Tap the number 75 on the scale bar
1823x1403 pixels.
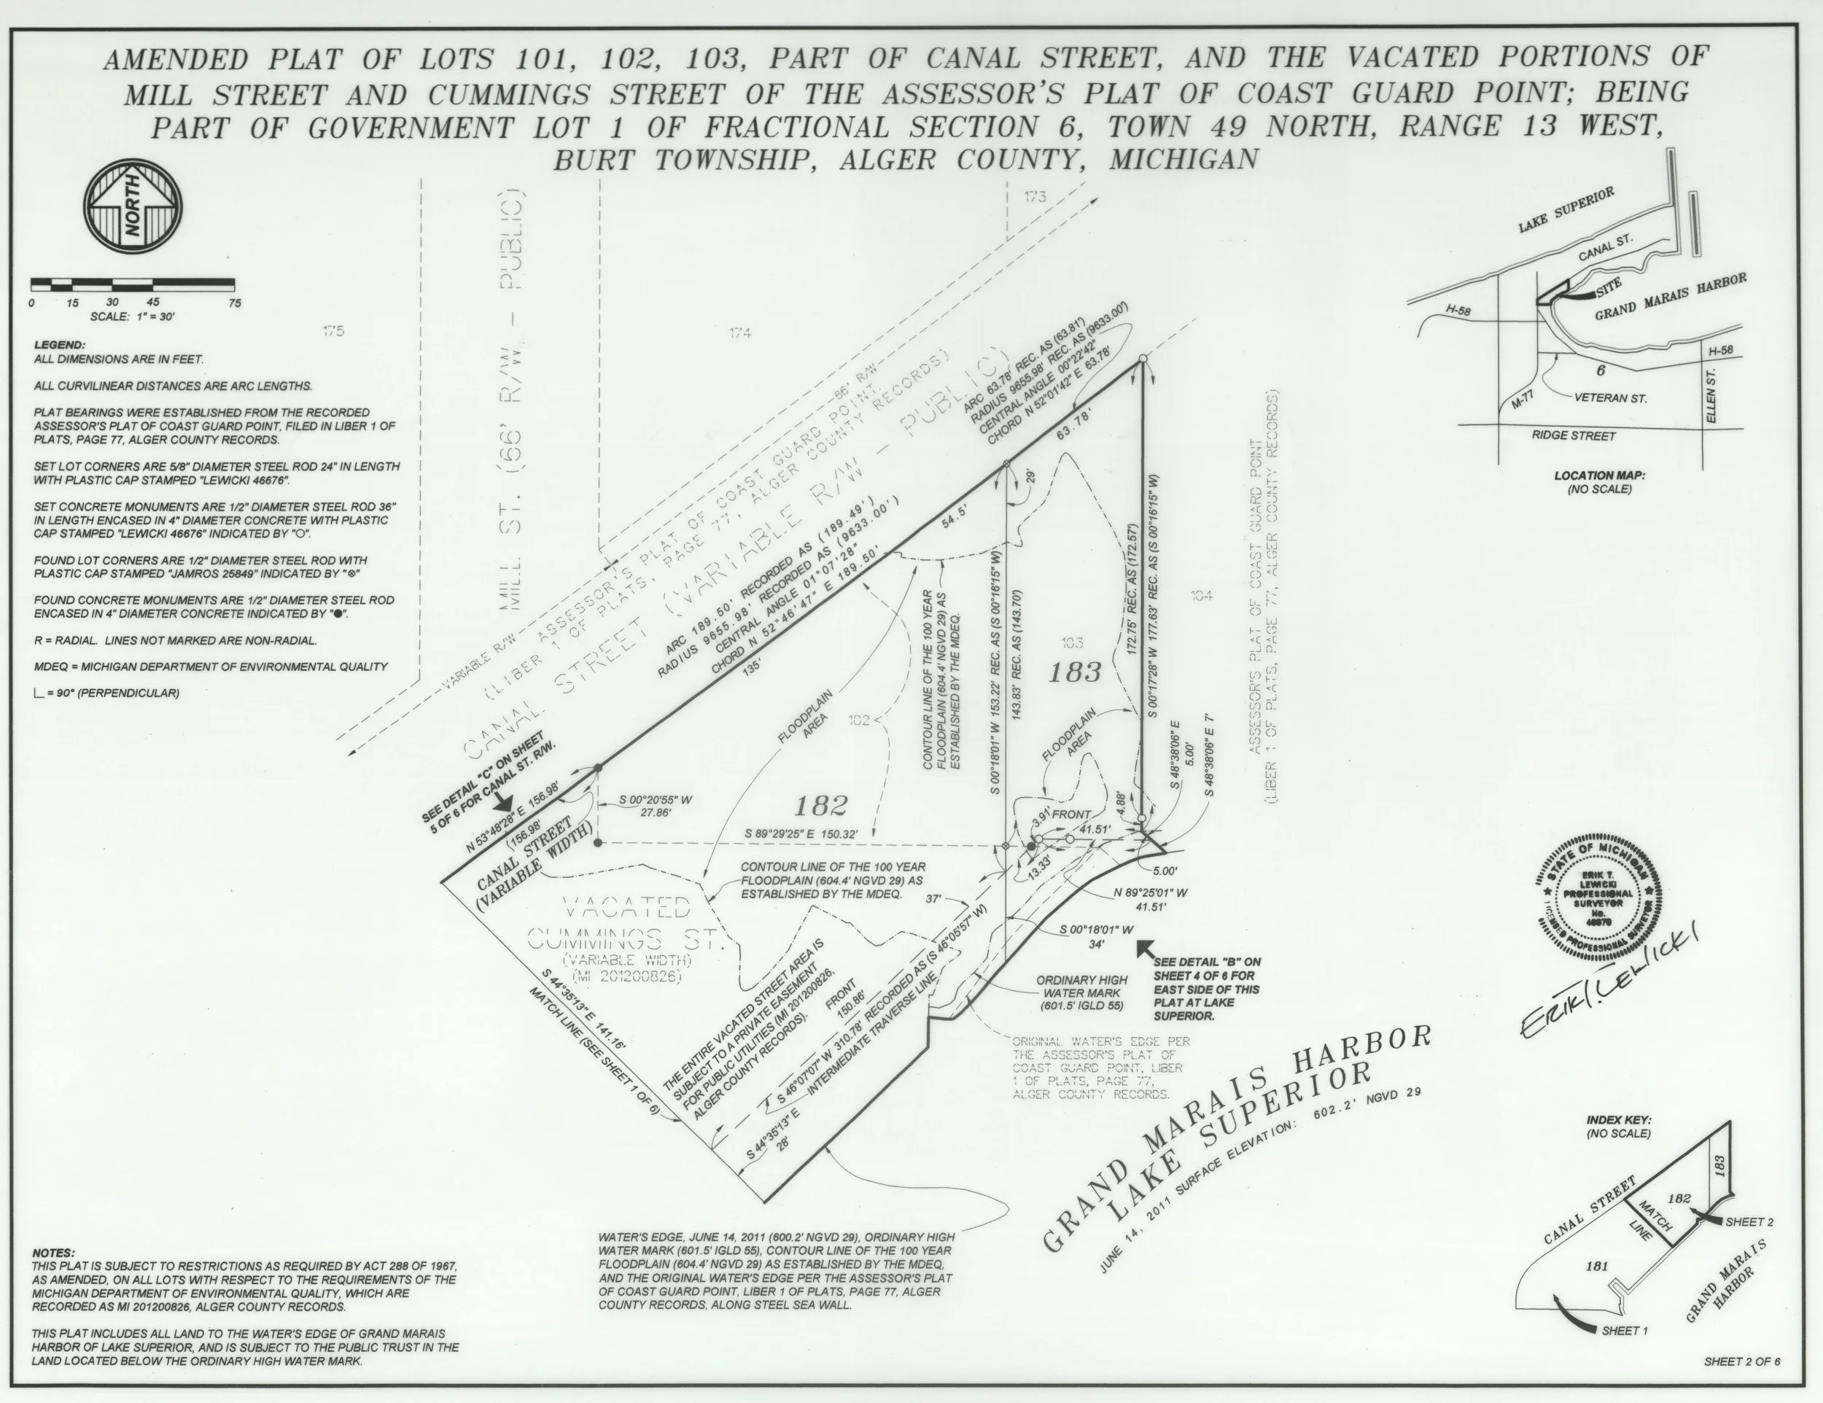tap(235, 303)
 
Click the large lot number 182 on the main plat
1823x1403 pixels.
tap(820, 805)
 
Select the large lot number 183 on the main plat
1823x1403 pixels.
tap(1074, 672)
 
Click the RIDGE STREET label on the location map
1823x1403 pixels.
tap(1574, 435)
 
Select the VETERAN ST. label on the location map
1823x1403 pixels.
tap(1610, 398)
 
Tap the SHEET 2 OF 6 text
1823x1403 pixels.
tap(1742, 1361)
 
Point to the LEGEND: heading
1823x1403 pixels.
tap(59, 345)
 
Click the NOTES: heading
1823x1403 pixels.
tap(53, 1254)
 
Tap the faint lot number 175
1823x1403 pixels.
tap(333, 331)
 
